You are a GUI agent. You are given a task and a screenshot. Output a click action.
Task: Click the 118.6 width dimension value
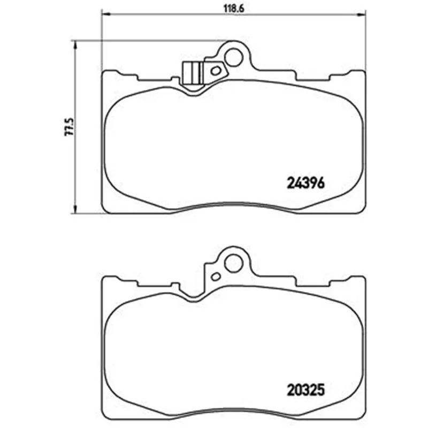(233, 9)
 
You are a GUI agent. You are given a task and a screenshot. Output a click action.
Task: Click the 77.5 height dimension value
(70, 127)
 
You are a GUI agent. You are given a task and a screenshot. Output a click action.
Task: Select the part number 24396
(305, 183)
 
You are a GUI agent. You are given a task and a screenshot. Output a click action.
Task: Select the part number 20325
(305, 390)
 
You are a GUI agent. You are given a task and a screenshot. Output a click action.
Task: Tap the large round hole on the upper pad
(233, 57)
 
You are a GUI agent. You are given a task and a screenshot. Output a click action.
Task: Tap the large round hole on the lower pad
(233, 263)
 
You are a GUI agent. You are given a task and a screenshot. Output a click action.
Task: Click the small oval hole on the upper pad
(216, 71)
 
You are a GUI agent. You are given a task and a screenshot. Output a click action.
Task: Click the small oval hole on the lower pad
(216, 277)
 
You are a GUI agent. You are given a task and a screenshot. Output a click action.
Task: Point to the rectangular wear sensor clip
(192, 73)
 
